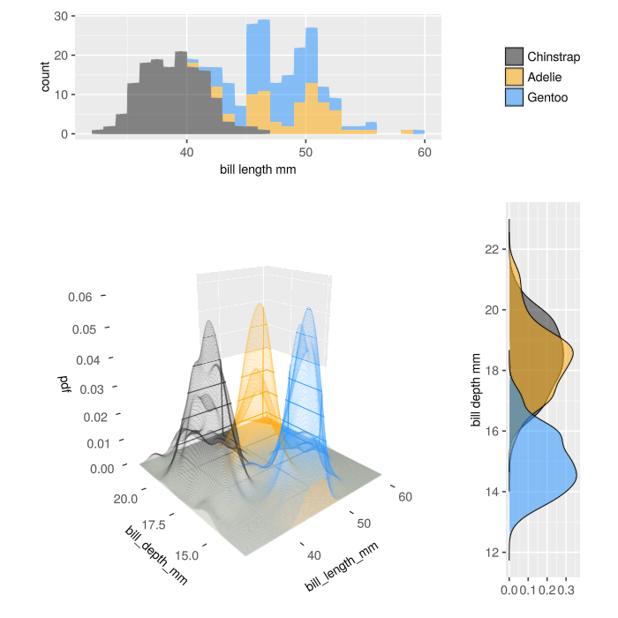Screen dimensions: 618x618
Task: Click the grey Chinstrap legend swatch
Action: (514, 57)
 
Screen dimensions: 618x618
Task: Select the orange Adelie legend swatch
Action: (514, 77)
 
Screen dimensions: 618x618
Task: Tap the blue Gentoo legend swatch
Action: (514, 96)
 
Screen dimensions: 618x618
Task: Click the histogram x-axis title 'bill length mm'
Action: (258, 170)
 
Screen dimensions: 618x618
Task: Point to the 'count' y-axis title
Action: (46, 77)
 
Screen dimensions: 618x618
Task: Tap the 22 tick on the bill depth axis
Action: (493, 249)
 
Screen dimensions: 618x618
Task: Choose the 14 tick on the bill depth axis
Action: (493, 492)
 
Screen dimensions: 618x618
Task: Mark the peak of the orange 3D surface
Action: (260, 305)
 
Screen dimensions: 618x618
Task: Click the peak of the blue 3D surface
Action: (309, 309)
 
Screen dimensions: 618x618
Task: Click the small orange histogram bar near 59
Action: (406, 132)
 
